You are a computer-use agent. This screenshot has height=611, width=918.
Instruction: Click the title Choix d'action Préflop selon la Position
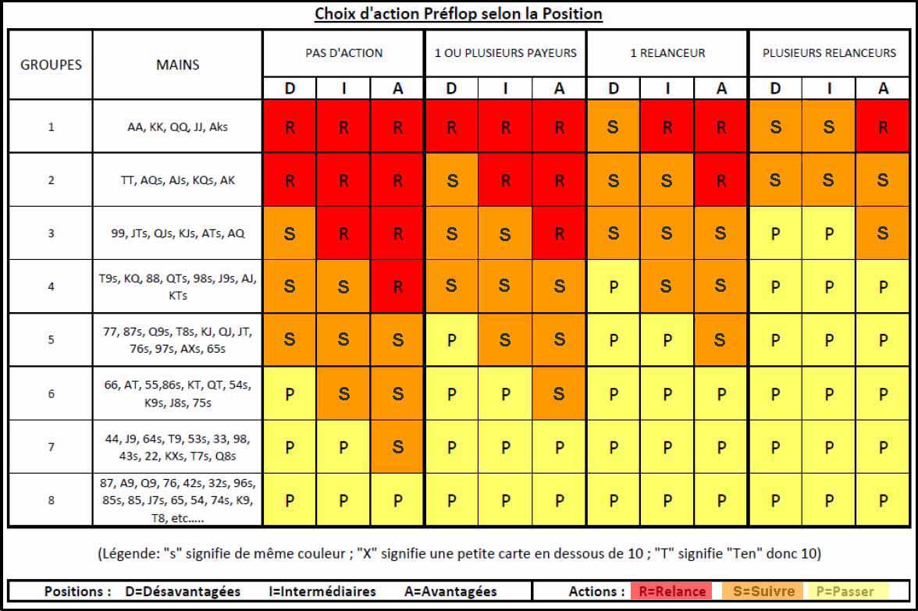[x=458, y=14]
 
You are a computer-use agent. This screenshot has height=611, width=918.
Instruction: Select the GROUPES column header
[x=51, y=65]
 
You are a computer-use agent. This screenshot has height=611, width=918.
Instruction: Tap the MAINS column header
[x=177, y=65]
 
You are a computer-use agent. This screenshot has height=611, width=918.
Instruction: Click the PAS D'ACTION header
[x=343, y=53]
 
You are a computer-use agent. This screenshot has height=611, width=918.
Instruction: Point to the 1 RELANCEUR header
[x=667, y=53]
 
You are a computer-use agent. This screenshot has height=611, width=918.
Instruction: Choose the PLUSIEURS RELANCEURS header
[x=829, y=53]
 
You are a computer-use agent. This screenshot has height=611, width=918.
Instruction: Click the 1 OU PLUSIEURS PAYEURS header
[x=505, y=53]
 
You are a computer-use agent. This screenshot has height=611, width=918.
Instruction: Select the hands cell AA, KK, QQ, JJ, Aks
[x=177, y=126]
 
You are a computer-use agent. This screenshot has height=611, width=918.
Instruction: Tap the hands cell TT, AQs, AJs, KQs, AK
[x=177, y=179]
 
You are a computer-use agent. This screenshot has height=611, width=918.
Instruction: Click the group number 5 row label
[x=51, y=340]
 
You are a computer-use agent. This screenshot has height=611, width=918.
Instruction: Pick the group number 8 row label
[x=51, y=500]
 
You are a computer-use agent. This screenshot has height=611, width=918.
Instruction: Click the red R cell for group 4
[x=398, y=286]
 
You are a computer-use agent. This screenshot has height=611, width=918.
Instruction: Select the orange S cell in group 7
[x=398, y=447]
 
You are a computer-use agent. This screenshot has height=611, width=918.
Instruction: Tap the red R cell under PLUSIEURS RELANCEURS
[x=883, y=126]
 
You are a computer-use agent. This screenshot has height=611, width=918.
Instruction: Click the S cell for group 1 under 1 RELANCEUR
[x=614, y=126]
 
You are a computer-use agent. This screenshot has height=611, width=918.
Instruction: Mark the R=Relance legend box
[x=671, y=591]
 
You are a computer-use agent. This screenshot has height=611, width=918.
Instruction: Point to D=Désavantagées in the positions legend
[x=183, y=591]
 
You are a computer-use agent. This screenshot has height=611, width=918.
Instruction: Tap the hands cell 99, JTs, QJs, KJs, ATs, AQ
[x=177, y=233]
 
